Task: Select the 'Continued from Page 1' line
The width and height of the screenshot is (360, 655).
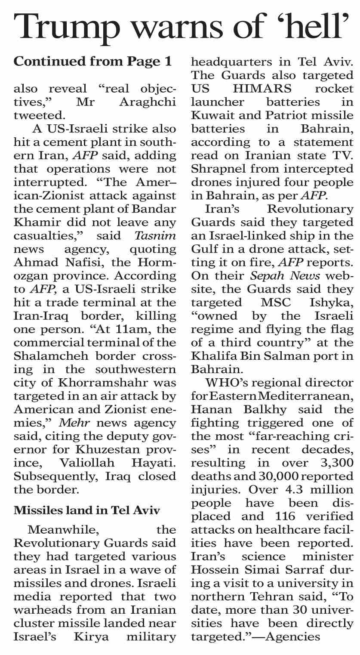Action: (93, 62)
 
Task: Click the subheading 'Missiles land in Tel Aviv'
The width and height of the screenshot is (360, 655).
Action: (87, 510)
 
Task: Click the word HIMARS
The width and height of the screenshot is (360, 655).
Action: (258, 88)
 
